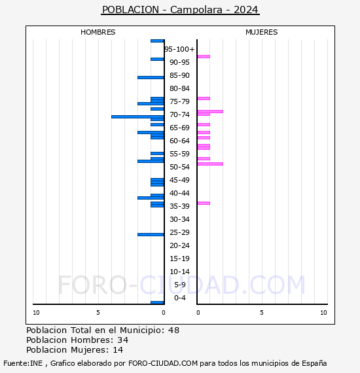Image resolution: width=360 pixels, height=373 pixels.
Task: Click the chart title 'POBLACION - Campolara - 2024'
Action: click(x=180, y=10)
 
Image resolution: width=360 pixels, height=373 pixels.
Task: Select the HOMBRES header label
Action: click(x=98, y=32)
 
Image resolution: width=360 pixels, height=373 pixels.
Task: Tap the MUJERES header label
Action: click(x=261, y=32)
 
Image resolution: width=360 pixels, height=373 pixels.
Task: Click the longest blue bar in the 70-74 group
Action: click(x=137, y=116)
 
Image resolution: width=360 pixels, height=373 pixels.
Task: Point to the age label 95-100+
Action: click(x=179, y=49)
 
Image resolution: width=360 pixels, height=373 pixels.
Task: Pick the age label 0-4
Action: click(x=179, y=298)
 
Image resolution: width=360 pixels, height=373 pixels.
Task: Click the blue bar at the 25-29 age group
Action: click(x=151, y=234)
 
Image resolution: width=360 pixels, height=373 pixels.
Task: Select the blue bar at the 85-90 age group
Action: click(x=151, y=77)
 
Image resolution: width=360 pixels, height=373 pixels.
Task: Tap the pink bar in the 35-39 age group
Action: click(x=204, y=203)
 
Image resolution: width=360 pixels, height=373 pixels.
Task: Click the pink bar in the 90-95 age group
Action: click(x=204, y=56)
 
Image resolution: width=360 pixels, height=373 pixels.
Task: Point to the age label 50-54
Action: click(x=179, y=167)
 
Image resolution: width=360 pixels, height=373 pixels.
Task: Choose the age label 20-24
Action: click(x=179, y=245)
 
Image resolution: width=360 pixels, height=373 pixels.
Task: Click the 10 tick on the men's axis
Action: click(x=36, y=313)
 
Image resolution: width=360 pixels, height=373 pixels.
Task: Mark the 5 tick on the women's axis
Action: click(x=261, y=313)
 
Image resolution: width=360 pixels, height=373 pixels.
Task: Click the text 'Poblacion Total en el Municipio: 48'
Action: click(x=103, y=330)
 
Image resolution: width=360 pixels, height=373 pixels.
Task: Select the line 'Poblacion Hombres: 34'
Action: click(x=77, y=340)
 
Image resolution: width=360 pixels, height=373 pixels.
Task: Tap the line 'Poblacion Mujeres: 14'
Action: click(x=75, y=350)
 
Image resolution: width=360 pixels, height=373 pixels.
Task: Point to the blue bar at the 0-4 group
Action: click(x=157, y=302)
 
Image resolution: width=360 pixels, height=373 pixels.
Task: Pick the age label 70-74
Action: click(x=179, y=115)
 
